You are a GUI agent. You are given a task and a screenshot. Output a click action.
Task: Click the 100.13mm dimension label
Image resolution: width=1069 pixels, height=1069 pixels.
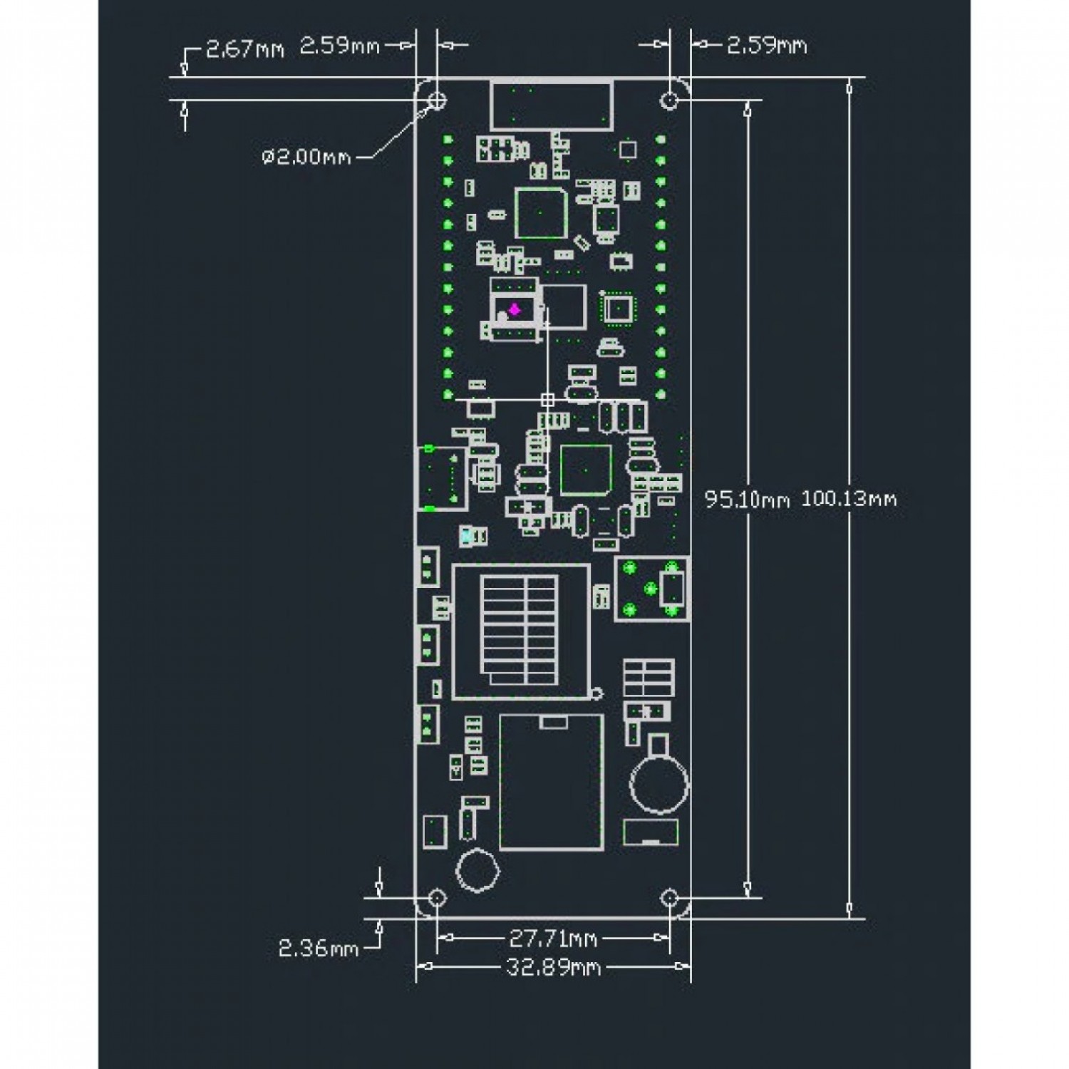(849, 498)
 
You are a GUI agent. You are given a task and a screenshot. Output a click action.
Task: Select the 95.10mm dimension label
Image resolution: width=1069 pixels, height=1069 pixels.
(747, 498)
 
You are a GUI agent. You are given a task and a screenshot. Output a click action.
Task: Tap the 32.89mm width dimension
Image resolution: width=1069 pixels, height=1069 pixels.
(553, 967)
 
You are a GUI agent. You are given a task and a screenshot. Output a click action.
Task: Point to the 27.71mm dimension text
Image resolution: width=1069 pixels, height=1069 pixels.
(553, 939)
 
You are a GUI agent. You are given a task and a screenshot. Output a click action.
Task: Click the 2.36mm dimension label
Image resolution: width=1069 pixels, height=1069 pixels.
(318, 949)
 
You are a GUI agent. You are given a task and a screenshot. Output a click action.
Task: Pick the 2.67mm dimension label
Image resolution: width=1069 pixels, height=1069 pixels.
(244, 49)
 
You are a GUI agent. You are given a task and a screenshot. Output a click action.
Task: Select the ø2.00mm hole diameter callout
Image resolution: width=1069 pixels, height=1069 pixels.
(306, 156)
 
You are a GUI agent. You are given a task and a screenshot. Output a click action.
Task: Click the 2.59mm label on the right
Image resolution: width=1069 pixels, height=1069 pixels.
(767, 46)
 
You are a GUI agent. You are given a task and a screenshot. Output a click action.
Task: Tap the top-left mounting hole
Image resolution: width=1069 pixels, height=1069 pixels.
(437, 100)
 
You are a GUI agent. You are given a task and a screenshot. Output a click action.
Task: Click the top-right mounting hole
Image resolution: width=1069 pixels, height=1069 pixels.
(669, 100)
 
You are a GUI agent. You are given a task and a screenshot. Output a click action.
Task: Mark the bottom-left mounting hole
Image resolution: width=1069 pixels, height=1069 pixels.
(437, 897)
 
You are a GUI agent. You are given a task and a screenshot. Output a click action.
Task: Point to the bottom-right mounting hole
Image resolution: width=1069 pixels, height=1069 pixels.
(669, 897)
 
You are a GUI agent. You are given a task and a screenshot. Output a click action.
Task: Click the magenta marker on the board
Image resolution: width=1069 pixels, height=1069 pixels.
(514, 310)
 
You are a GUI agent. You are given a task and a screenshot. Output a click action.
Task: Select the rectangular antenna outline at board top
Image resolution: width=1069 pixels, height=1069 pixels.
(551, 105)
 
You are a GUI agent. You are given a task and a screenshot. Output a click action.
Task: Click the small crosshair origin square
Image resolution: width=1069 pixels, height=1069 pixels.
(547, 400)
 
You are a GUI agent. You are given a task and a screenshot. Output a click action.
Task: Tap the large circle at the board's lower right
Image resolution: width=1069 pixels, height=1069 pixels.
(659, 784)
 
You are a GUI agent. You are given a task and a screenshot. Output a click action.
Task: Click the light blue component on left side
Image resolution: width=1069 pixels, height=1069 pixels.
(467, 536)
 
